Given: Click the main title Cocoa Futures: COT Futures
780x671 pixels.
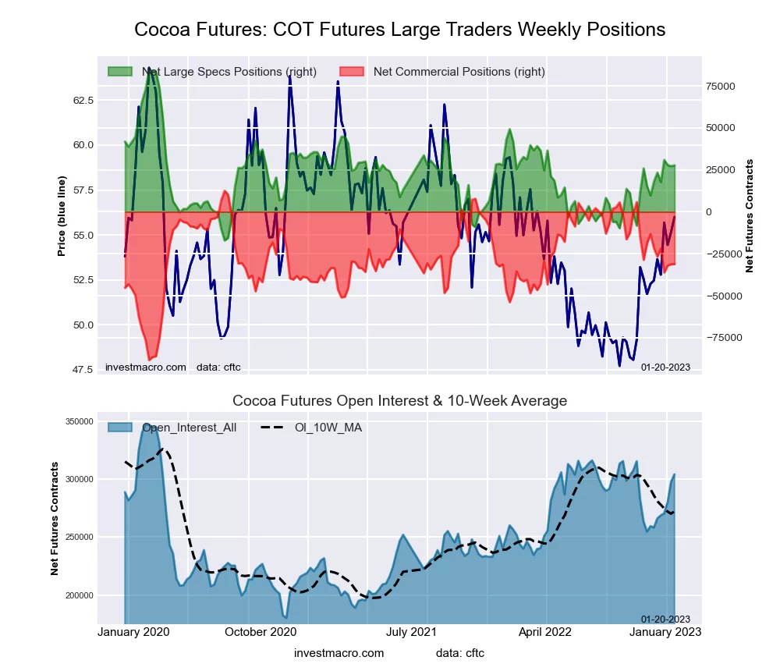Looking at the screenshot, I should click(399, 30).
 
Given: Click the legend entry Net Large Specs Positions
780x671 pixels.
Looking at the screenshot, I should click(229, 72).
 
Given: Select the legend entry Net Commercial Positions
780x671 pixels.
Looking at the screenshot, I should click(459, 72).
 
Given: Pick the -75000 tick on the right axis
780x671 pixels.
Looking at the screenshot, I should click(721, 338).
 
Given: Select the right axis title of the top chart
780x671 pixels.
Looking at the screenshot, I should click(750, 215).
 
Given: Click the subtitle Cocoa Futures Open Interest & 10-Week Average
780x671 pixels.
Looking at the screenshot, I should click(399, 401).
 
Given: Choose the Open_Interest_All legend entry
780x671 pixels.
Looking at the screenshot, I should click(189, 428).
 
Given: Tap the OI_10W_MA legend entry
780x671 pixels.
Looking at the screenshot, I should click(328, 428).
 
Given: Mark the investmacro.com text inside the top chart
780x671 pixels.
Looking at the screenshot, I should click(146, 367).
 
